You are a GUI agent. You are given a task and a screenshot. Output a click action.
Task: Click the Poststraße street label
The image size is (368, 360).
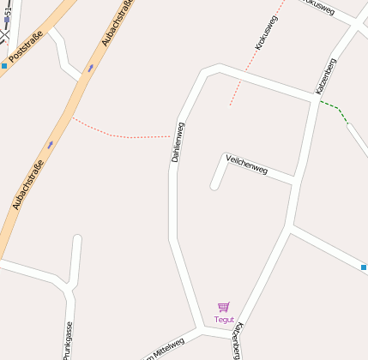click(26, 51)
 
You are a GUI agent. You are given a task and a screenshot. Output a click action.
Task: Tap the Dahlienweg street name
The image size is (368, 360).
click(178, 142)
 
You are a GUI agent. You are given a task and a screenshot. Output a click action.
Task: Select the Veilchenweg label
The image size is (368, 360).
click(246, 164)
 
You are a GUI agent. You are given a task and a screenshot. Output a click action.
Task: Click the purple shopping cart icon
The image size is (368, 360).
click(224, 307)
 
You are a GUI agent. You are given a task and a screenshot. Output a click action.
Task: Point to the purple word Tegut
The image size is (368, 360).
click(224, 319)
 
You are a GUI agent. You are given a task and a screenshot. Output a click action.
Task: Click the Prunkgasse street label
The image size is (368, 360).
click(68, 341)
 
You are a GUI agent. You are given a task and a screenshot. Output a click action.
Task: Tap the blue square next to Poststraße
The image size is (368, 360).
click(4, 65)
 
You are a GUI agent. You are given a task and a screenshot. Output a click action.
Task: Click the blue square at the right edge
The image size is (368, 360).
click(364, 267)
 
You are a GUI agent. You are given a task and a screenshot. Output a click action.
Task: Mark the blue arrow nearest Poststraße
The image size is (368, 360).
click(90, 68)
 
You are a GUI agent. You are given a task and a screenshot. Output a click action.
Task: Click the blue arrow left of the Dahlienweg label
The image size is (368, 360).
click(50, 144)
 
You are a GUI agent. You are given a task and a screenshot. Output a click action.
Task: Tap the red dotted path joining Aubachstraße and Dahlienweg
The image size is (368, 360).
click(120, 135)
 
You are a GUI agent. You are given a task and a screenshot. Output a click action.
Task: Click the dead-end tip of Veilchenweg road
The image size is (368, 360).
click(214, 185)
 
